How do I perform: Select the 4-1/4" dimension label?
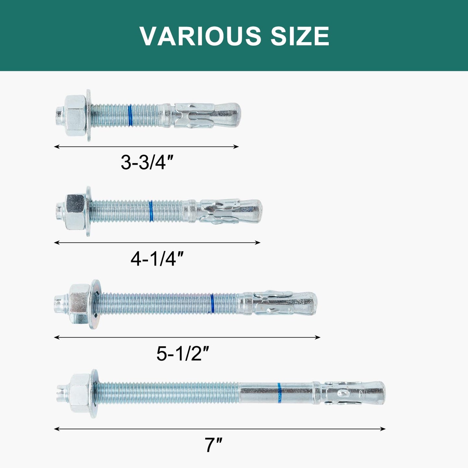(157, 259)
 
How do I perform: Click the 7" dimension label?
(213, 445)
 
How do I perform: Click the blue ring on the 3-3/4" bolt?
(130, 115)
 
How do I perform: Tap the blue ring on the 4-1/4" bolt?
(151, 211)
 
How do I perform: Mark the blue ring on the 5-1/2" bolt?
(212, 303)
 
